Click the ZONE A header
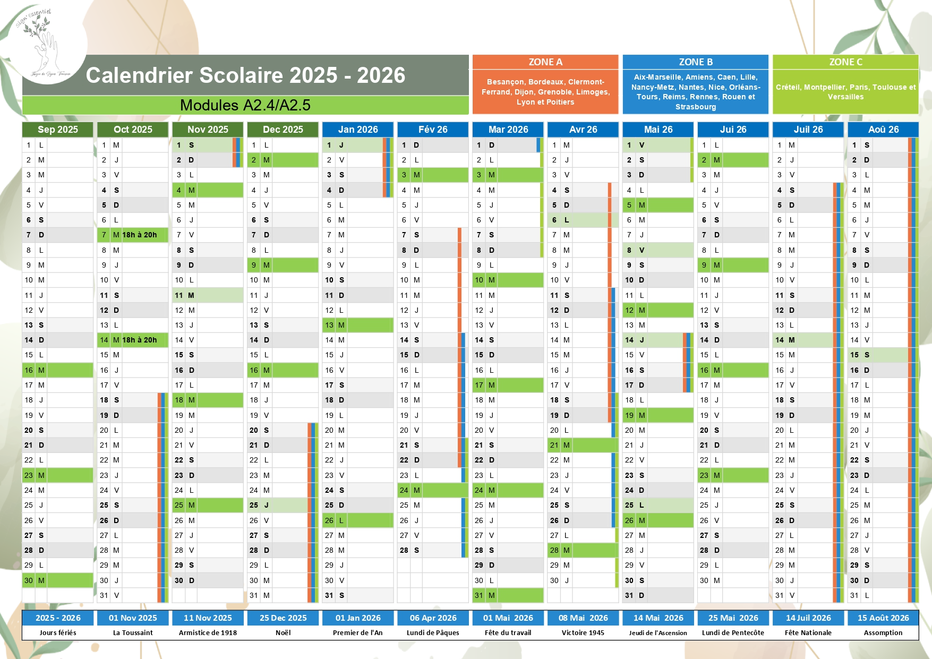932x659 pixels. (x=545, y=62)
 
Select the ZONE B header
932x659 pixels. (x=696, y=62)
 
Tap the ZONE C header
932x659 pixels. (x=845, y=62)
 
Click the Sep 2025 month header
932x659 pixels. (x=57, y=130)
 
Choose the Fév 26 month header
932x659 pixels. (x=433, y=130)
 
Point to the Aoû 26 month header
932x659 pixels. (x=883, y=130)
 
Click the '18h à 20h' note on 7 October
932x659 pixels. (x=140, y=235)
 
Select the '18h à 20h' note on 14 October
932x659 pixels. (x=140, y=340)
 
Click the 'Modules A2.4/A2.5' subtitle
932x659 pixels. (x=245, y=105)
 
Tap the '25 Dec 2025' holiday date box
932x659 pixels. (x=283, y=618)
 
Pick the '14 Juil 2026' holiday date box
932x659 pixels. (x=808, y=618)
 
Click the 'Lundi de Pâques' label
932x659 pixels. (x=433, y=632)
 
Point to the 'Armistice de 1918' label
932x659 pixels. (x=208, y=632)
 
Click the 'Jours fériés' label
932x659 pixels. (x=58, y=632)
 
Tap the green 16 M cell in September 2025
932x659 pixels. (x=57, y=370)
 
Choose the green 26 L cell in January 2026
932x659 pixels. (x=357, y=520)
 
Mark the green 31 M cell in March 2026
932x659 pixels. (x=508, y=595)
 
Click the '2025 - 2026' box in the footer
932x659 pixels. (x=58, y=618)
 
